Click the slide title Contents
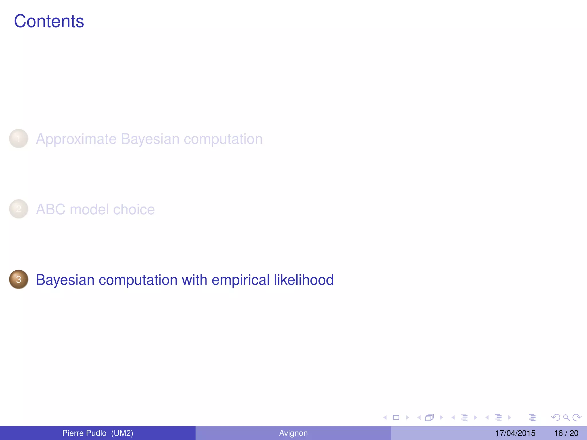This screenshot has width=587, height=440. coord(49,21)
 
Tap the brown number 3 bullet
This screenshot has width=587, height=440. coord(19,279)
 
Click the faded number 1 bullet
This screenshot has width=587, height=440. coord(19,139)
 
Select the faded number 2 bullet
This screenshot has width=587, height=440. coord(19,209)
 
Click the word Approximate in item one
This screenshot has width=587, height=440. coord(76,139)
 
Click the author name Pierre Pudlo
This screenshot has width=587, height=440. coord(84,433)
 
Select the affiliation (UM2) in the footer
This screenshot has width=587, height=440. coord(122,433)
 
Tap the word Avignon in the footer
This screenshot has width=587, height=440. coord(293,433)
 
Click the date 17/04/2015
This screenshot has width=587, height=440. coord(515,433)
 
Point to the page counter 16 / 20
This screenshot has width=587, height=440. coord(566,433)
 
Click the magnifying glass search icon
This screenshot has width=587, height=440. coord(566,418)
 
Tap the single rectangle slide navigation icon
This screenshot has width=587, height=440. coord(396,418)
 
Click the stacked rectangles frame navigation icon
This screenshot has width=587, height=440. coord(429,418)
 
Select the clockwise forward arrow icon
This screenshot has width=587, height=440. coord(576,418)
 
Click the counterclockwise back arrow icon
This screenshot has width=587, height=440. coord(555,418)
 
